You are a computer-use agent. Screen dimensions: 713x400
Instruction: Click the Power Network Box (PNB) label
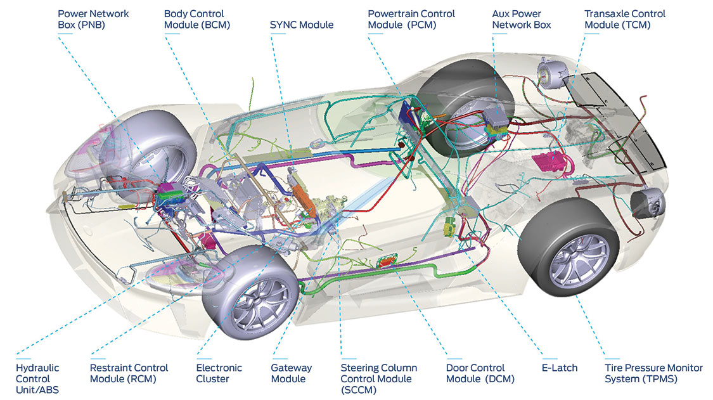[93, 20]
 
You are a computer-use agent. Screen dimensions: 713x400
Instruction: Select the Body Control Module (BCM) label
[197, 20]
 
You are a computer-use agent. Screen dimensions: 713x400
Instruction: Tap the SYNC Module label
[302, 25]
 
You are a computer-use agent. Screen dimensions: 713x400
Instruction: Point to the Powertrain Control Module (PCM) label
[411, 20]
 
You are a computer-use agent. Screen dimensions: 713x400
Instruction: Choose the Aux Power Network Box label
[521, 20]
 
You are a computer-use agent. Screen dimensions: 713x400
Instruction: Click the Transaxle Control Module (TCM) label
[625, 20]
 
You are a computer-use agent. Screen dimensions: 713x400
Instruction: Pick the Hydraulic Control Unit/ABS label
[37, 378]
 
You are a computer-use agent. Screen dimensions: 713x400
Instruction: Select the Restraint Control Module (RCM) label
[129, 373]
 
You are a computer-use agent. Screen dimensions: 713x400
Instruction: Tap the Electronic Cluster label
[219, 373]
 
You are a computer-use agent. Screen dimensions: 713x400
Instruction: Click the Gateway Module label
[291, 373]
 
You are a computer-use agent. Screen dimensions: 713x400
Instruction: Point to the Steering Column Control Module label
[378, 378]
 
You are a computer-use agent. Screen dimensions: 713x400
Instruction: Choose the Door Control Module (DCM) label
[480, 373]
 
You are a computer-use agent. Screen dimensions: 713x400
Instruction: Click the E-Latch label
[559, 368]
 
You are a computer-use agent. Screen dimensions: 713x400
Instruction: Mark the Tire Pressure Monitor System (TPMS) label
[653, 373]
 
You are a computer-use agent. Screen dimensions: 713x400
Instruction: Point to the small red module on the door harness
[387, 262]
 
